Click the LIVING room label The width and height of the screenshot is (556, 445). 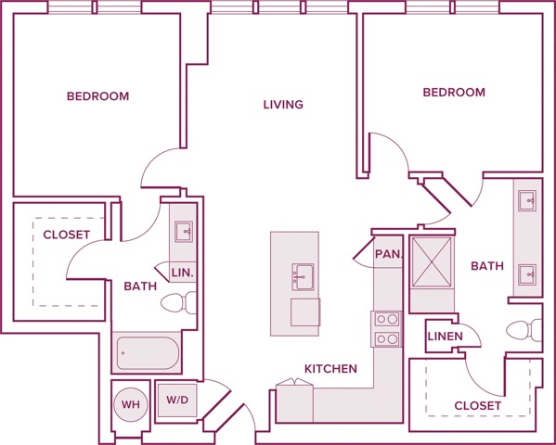pos(283,105)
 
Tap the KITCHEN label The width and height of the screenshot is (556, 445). pos(330,369)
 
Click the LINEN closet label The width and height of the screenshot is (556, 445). pos(444,335)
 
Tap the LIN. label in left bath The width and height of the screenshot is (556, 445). pos(182,272)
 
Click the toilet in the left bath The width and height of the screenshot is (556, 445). pos(180,302)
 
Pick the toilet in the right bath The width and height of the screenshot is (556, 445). pos(524,330)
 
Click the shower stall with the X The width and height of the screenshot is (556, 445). pos(431,261)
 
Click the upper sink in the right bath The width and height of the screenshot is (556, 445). pos(528,198)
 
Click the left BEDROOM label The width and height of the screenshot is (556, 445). pos(97,96)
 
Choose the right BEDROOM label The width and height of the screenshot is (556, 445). pos(454,93)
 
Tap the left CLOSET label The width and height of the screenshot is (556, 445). pos(67,235)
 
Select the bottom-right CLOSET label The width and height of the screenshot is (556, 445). pos(478,406)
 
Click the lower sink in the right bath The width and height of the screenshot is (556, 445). pos(528,273)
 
